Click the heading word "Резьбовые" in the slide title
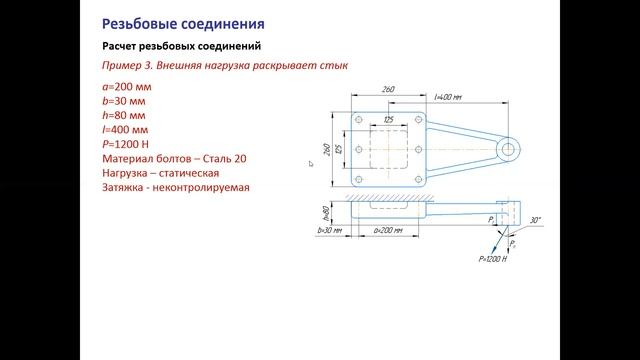(140, 21)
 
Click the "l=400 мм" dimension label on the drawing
(447, 97)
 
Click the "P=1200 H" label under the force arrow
(494, 259)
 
